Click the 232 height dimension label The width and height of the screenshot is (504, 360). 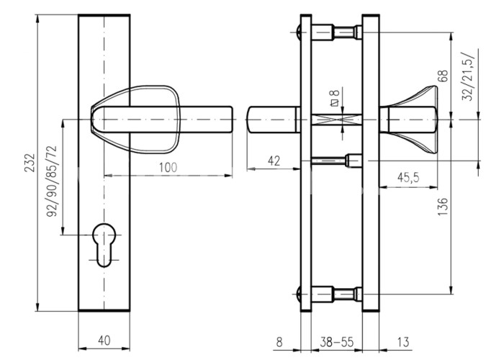(30, 163)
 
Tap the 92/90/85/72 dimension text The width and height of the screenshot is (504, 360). (51, 181)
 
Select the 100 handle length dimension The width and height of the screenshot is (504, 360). (168, 167)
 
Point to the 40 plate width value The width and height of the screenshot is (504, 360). (104, 341)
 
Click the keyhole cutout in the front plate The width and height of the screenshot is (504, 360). (104, 245)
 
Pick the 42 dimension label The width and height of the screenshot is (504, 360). (274, 161)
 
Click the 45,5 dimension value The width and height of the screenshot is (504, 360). (408, 177)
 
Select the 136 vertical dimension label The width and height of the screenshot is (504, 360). (443, 207)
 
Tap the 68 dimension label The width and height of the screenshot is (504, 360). (443, 76)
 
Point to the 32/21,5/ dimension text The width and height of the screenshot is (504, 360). (468, 76)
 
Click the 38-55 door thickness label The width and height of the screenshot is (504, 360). (336, 342)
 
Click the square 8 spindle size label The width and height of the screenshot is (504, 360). (334, 98)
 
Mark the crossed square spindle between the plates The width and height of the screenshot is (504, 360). (336, 120)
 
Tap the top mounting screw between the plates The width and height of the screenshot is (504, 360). (336, 32)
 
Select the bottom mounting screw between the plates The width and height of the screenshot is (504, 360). (336, 294)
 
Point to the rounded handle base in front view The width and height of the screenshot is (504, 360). (135, 120)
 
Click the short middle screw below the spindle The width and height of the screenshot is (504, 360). (336, 161)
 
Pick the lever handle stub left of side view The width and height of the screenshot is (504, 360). (274, 120)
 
